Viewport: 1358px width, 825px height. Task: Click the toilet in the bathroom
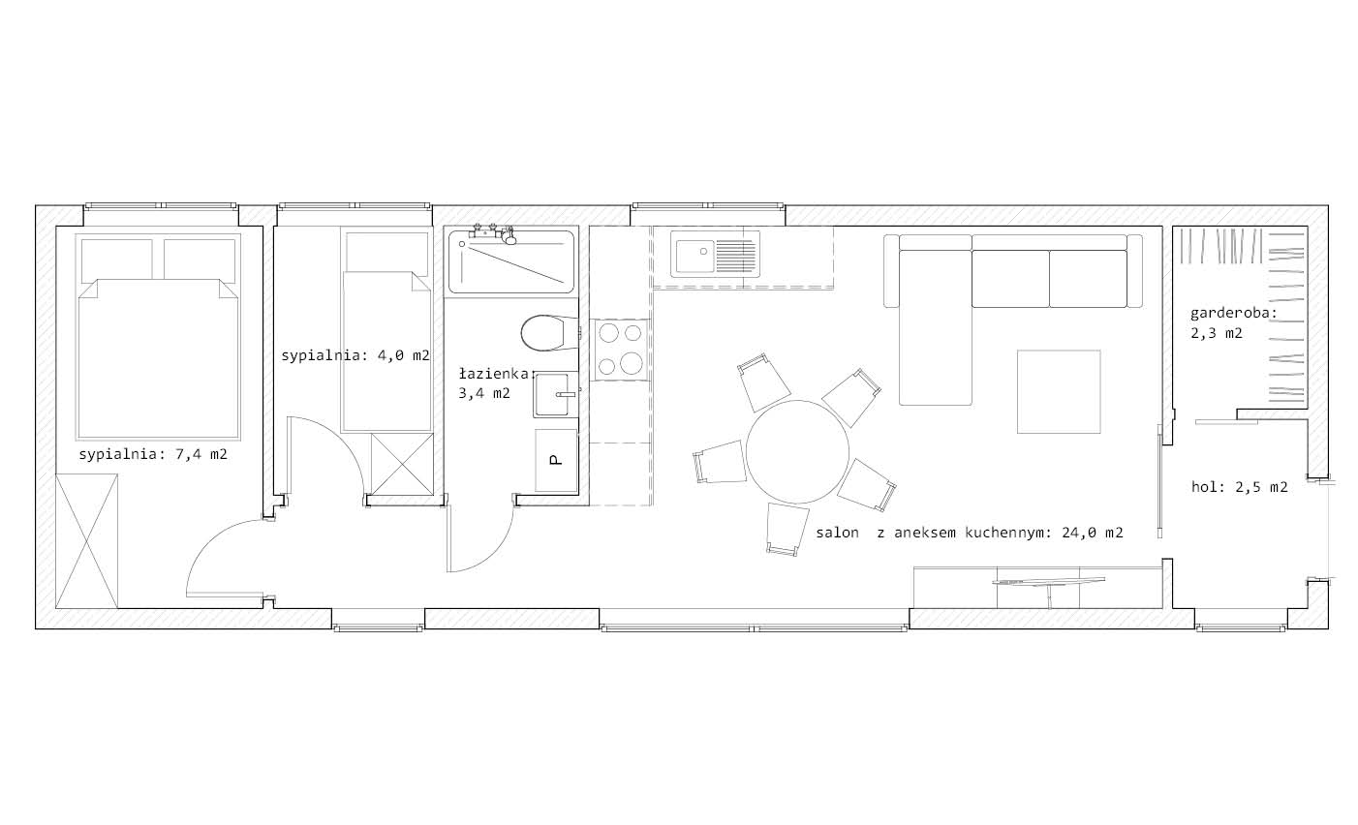click(548, 333)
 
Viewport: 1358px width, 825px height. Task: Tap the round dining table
click(797, 451)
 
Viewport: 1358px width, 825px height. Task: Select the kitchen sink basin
click(695, 257)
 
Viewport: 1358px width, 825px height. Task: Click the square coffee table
click(1059, 391)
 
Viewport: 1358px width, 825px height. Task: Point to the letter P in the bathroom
click(555, 460)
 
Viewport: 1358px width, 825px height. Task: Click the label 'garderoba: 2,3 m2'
click(1234, 323)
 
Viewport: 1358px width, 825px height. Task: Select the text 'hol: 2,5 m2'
click(1239, 487)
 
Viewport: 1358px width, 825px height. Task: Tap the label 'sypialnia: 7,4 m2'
click(153, 454)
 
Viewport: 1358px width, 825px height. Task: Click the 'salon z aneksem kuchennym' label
click(970, 533)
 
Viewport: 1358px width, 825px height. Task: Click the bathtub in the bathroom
click(511, 261)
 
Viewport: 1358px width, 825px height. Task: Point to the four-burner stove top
click(620, 350)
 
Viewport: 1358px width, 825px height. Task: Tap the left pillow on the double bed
click(117, 260)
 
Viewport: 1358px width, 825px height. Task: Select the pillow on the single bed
click(386, 252)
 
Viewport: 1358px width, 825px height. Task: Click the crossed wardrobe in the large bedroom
click(87, 541)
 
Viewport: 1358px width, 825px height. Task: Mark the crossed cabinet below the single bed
click(402, 464)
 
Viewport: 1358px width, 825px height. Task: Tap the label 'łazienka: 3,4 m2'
click(495, 383)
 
